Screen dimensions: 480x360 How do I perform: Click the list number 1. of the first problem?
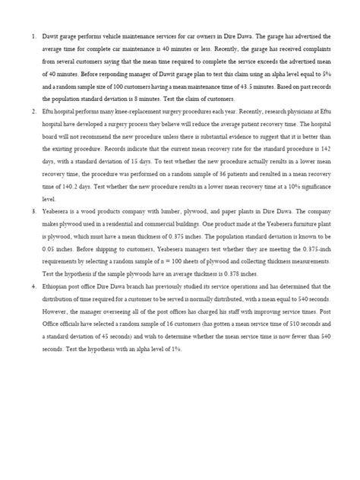[x=33, y=36]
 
